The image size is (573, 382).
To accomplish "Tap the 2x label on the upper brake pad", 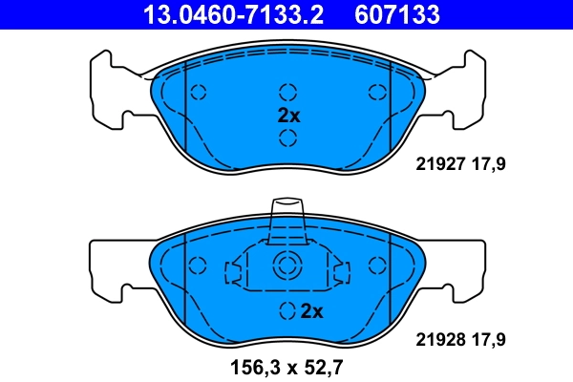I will tap(287, 116).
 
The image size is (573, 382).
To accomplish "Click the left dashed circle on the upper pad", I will tap(199, 93).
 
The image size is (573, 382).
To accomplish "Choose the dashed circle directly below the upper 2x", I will tap(287, 138).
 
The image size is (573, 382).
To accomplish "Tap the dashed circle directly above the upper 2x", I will tap(287, 93).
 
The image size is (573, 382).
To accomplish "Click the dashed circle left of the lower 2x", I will tap(287, 310).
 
